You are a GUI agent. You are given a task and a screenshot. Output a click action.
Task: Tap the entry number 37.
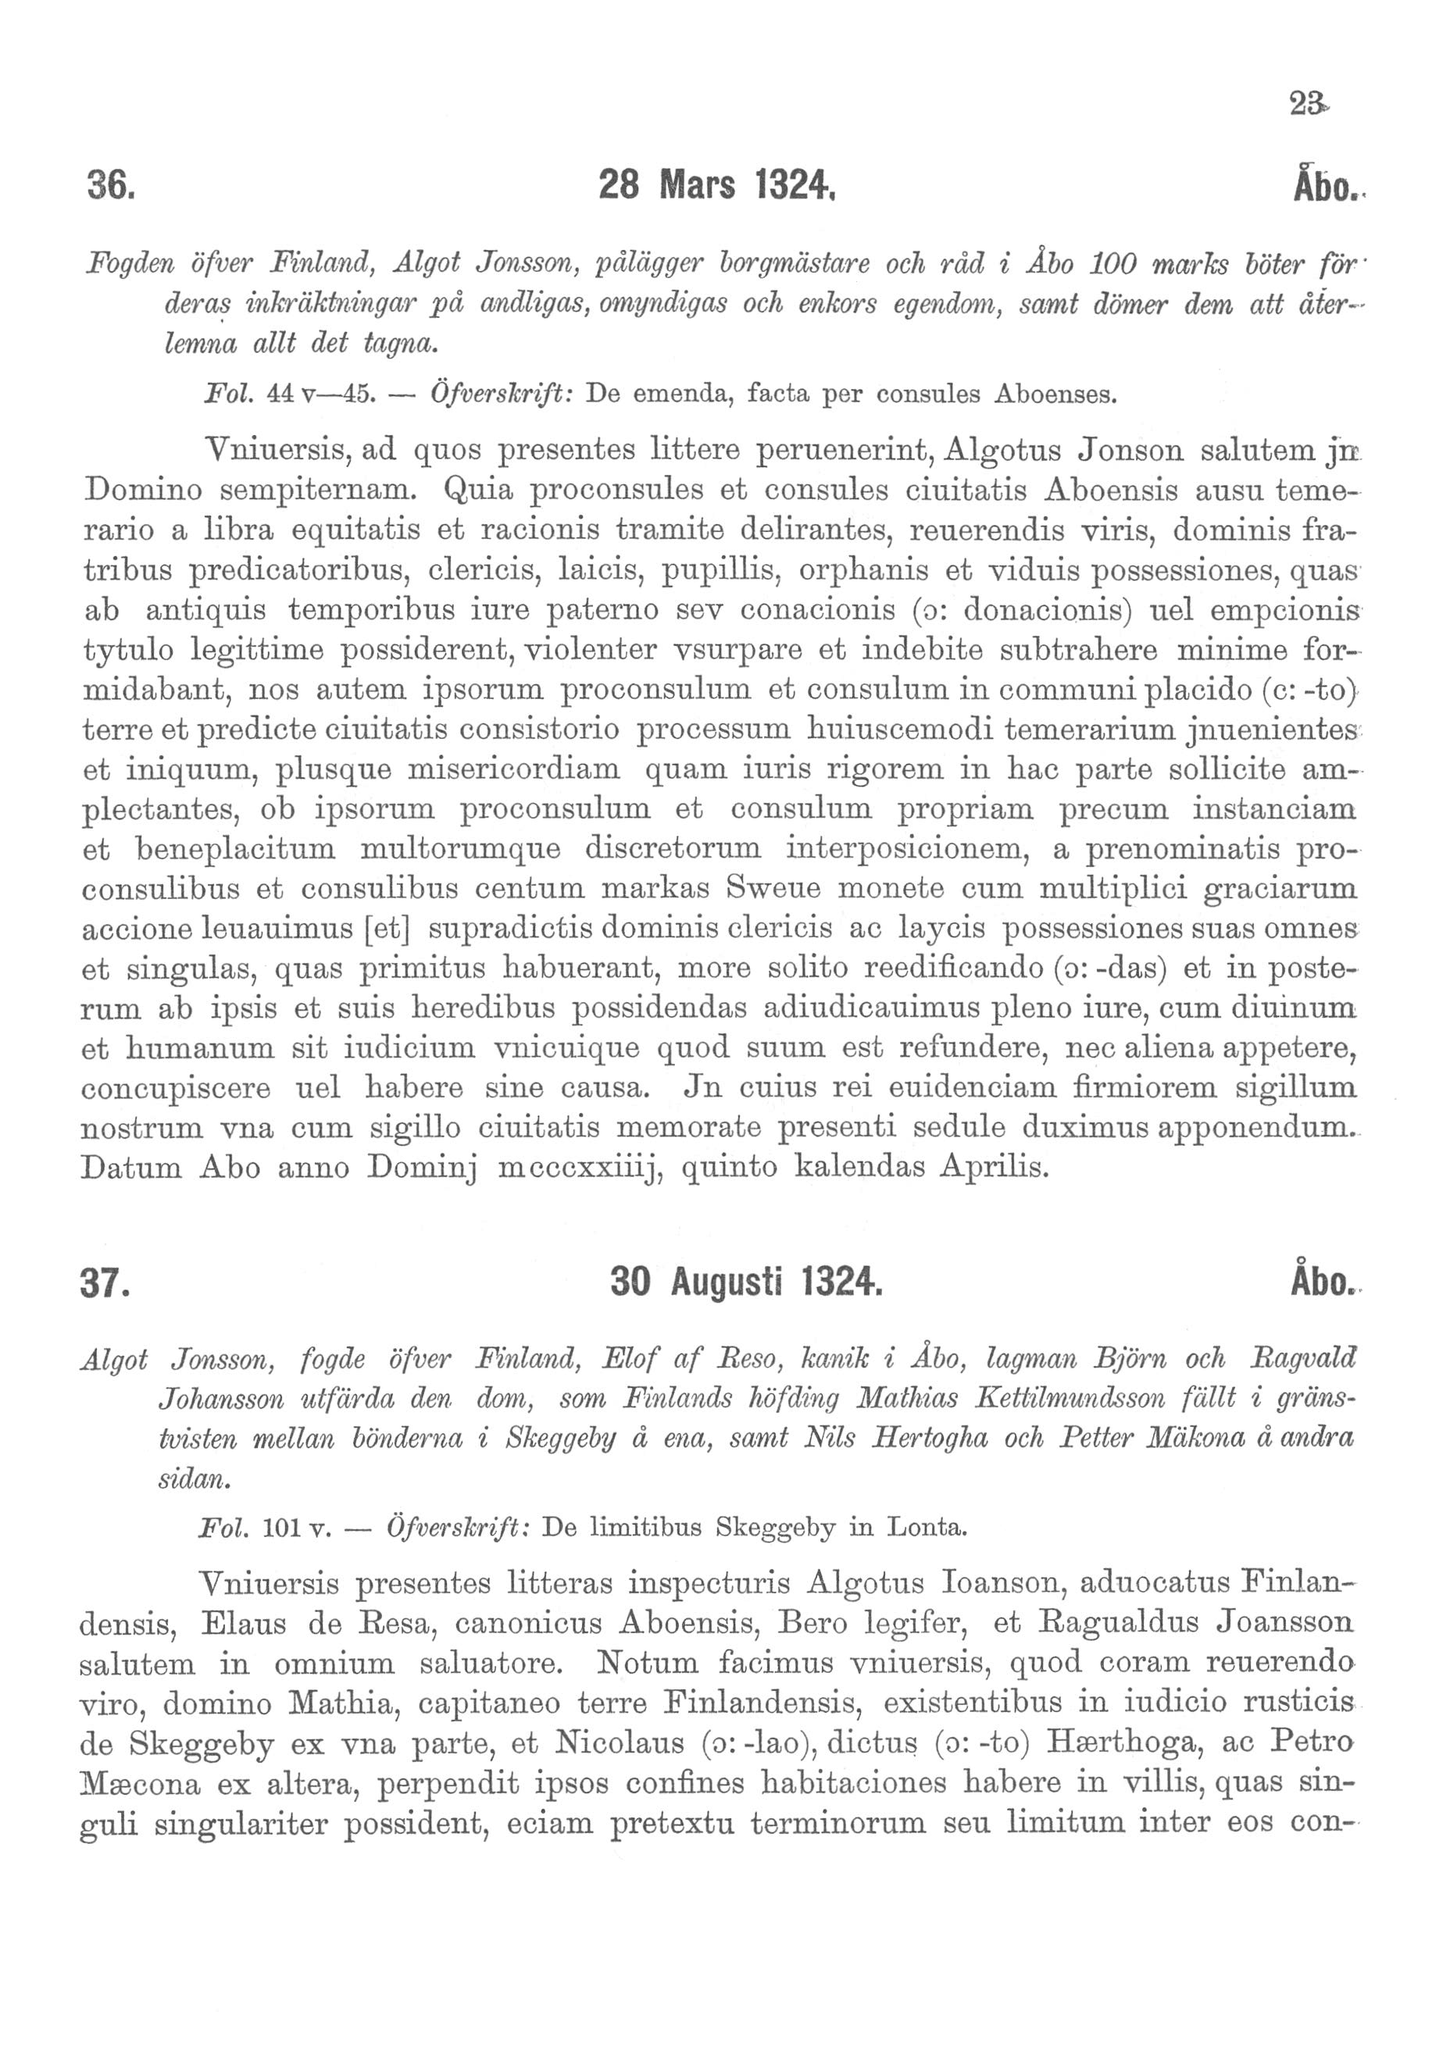[x=105, y=1282]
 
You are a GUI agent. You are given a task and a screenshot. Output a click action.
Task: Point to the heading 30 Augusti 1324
[x=745, y=1282]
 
